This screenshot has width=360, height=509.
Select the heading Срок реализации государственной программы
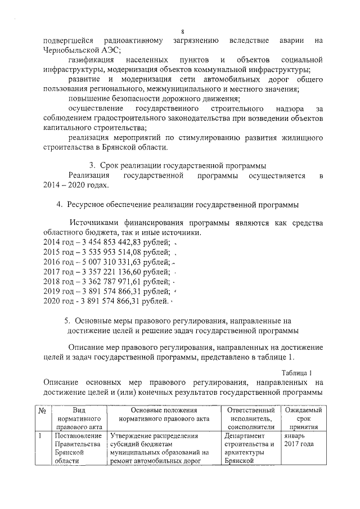[183, 165]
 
